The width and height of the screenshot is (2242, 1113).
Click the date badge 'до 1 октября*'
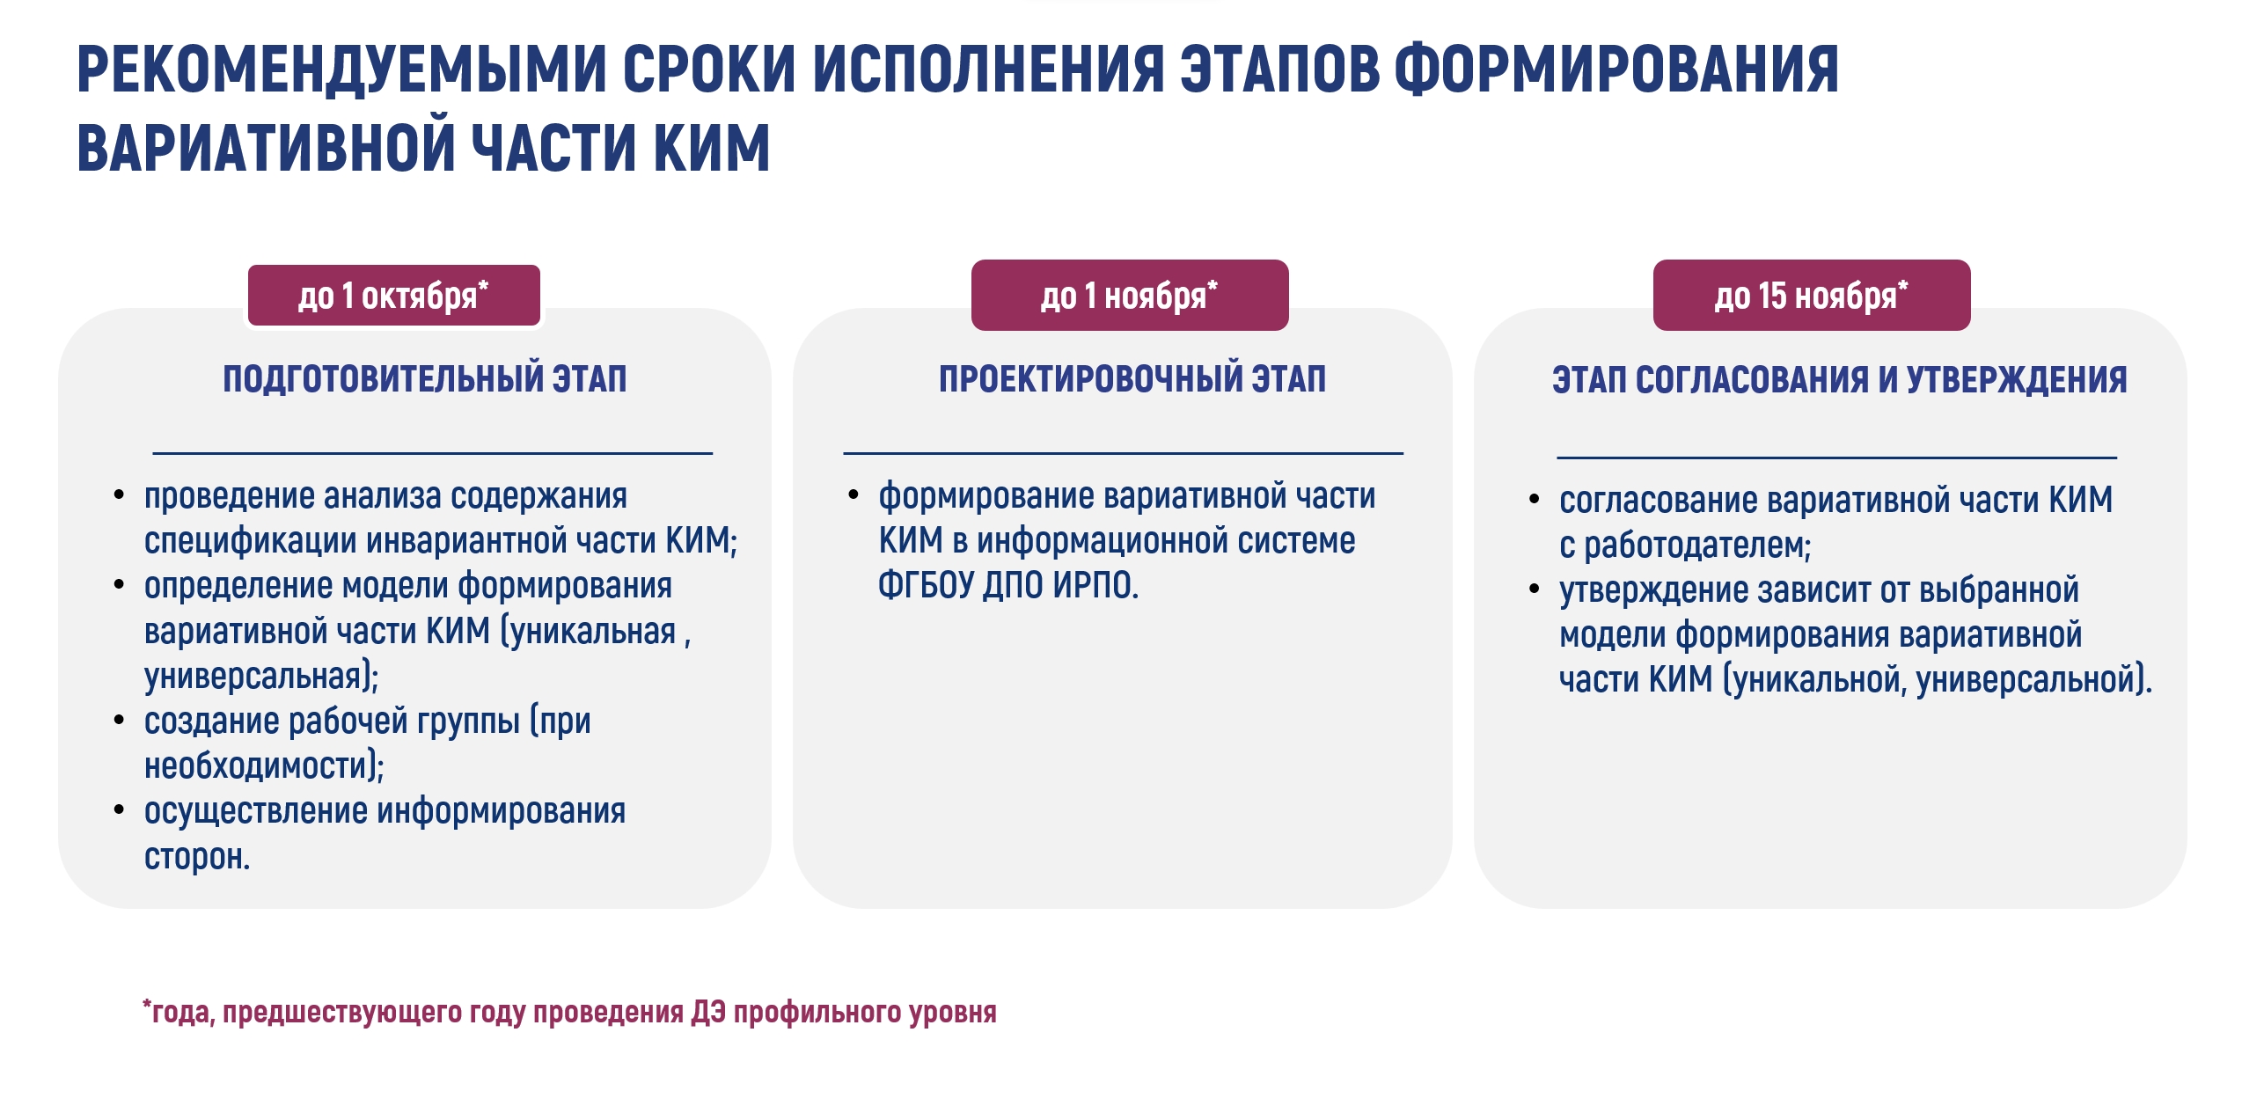click(x=393, y=296)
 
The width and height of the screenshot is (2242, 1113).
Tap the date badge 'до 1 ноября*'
click(x=1130, y=295)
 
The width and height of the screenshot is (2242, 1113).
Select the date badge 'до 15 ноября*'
click(x=1812, y=295)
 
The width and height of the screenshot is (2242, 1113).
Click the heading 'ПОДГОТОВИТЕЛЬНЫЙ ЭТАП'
click(x=425, y=379)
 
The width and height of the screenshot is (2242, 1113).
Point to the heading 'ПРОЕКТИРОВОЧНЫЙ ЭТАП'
click(x=1132, y=379)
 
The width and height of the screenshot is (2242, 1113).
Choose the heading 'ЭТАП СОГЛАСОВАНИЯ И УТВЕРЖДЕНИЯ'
click(x=1840, y=380)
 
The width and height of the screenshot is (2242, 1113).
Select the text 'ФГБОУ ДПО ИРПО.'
click(x=1008, y=585)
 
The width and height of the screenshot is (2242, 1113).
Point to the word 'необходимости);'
click(x=265, y=766)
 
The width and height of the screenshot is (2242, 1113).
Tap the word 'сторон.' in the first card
click(x=197, y=857)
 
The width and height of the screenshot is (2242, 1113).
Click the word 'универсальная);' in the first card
click(x=261, y=677)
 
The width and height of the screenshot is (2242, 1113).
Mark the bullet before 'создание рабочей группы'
click(x=119, y=721)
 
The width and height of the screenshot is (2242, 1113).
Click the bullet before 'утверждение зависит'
click(x=1535, y=589)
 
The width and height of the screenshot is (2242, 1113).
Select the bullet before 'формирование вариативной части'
click(x=854, y=495)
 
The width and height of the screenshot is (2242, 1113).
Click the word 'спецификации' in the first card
click(x=250, y=541)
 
